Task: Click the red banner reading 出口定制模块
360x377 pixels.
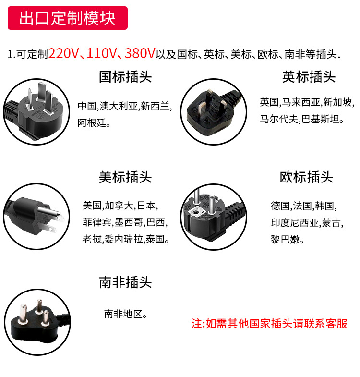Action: click(x=67, y=18)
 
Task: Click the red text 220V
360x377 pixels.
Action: click(x=63, y=54)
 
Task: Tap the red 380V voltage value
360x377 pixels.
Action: click(x=140, y=54)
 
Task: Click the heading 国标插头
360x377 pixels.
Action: click(x=125, y=77)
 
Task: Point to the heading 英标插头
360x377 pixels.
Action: click(x=309, y=77)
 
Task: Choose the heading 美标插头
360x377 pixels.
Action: click(x=125, y=177)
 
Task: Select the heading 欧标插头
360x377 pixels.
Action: click(x=306, y=177)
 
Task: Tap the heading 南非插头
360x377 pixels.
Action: click(x=125, y=282)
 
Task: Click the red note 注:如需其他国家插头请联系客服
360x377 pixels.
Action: click(x=269, y=324)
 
